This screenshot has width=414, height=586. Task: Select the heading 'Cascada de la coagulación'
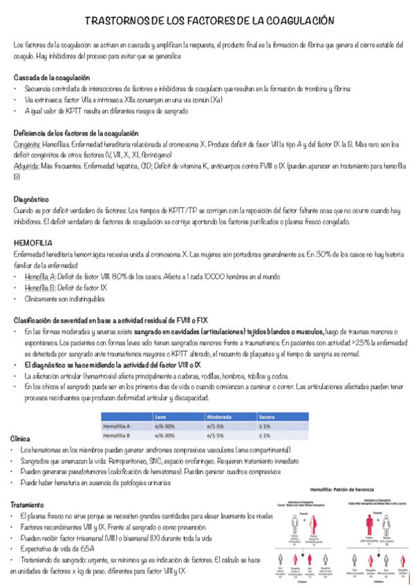tap(52, 77)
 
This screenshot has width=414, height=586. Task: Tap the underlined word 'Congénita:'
tap(27, 144)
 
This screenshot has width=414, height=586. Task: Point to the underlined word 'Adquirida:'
tap(26, 166)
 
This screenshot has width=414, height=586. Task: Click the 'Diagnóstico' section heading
tap(31, 199)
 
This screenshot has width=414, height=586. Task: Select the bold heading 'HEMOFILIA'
tap(34, 243)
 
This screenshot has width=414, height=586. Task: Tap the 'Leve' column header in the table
tap(161, 417)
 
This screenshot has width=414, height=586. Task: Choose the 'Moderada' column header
tap(221, 417)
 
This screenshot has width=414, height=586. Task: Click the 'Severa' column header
tap(267, 417)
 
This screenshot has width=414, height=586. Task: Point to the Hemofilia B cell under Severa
tap(265, 436)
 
